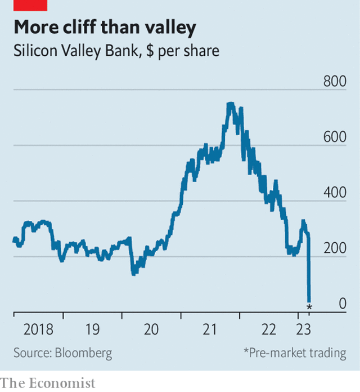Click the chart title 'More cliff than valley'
[105, 28]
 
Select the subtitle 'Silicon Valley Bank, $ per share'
[116, 51]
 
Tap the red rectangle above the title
[30, 5]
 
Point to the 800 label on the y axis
[335, 81]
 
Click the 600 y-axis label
[335, 137]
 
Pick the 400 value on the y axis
[335, 193]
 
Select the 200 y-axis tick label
[335, 248]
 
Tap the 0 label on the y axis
[343, 304]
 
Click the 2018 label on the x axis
[38, 329]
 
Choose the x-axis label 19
[92, 329]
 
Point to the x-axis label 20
[151, 329]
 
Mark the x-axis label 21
[209, 329]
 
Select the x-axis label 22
[269, 329]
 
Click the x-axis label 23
[304, 329]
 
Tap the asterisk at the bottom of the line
[309, 307]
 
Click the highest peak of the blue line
[231, 104]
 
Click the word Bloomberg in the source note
[83, 353]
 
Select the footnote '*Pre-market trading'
[295, 353]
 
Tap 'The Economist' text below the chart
[48, 384]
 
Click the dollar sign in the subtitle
[150, 51]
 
